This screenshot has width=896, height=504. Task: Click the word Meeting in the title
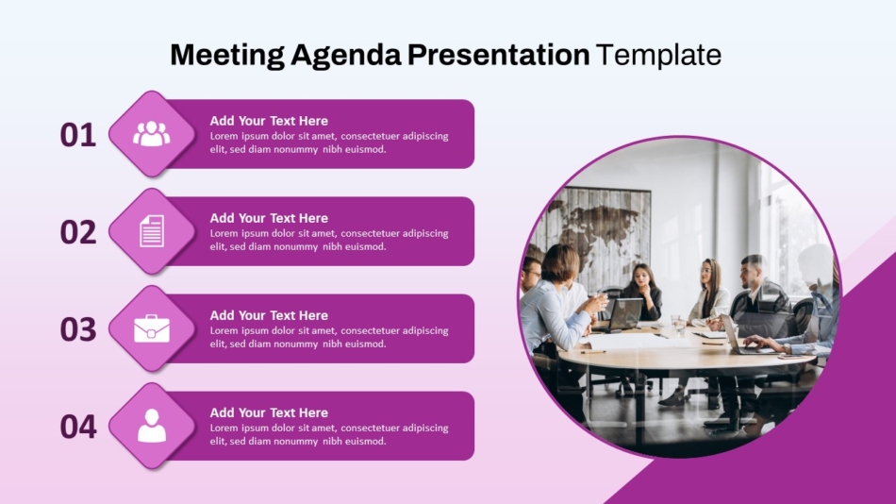pyautogui.click(x=227, y=56)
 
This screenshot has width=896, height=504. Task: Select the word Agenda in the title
pyautogui.click(x=346, y=56)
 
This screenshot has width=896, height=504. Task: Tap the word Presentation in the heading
pyautogui.click(x=498, y=55)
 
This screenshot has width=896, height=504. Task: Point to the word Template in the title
pyautogui.click(x=658, y=56)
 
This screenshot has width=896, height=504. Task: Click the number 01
pyautogui.click(x=78, y=136)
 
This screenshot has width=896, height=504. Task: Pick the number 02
pyautogui.click(x=78, y=233)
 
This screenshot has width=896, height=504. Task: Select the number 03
pyautogui.click(x=78, y=330)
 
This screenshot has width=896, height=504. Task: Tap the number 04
pyautogui.click(x=78, y=428)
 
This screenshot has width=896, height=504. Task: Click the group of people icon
pyautogui.click(x=152, y=134)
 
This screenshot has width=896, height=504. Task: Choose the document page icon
pyautogui.click(x=152, y=231)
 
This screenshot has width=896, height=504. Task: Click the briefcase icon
pyautogui.click(x=152, y=328)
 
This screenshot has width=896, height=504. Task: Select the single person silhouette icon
pyautogui.click(x=152, y=426)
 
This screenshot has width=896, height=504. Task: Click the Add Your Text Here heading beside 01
pyautogui.click(x=269, y=121)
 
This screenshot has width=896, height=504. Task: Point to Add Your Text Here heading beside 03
pyautogui.click(x=269, y=315)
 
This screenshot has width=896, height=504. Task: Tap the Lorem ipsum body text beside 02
pyautogui.click(x=329, y=241)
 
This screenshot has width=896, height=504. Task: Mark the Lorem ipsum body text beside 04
pyautogui.click(x=329, y=435)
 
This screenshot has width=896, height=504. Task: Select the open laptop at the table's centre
pyautogui.click(x=624, y=314)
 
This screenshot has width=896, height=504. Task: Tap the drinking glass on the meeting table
pyautogui.click(x=678, y=325)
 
